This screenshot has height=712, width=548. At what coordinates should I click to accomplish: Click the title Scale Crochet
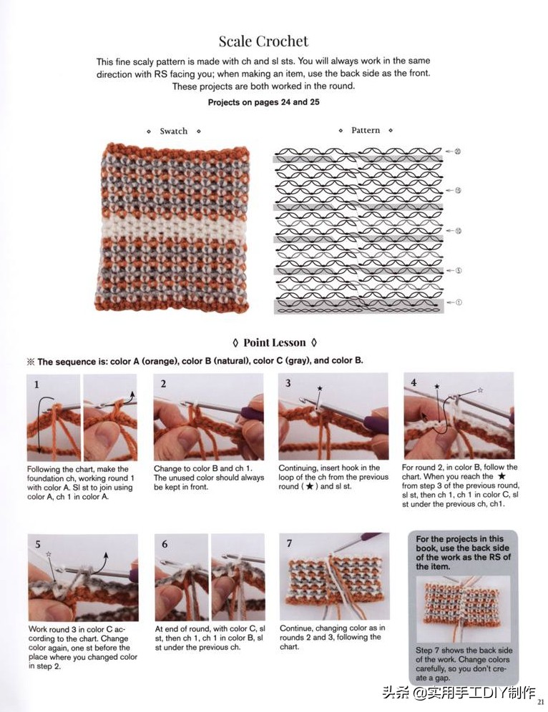click(x=263, y=41)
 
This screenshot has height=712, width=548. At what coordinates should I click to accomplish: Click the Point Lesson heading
click(x=274, y=342)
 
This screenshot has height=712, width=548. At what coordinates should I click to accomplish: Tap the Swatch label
click(x=173, y=131)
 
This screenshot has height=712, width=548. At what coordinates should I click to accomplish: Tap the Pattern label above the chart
click(x=365, y=130)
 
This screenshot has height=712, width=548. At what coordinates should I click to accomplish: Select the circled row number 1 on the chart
click(x=458, y=302)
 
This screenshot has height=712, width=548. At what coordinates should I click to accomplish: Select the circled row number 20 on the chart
click(x=458, y=151)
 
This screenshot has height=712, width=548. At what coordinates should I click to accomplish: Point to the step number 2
click(x=163, y=384)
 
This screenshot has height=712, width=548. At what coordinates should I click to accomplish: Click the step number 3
click(x=288, y=383)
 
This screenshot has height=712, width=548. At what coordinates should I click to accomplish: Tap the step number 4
click(x=414, y=383)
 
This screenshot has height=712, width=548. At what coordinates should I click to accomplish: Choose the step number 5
click(x=39, y=544)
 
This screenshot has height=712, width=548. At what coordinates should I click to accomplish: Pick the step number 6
click(x=165, y=544)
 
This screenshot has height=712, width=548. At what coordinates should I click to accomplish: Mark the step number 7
click(x=289, y=543)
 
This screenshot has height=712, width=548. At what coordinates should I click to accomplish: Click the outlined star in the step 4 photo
click(x=480, y=390)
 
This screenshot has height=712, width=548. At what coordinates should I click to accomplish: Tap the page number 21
click(x=541, y=702)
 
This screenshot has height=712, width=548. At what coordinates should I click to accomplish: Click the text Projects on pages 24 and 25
click(x=263, y=102)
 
